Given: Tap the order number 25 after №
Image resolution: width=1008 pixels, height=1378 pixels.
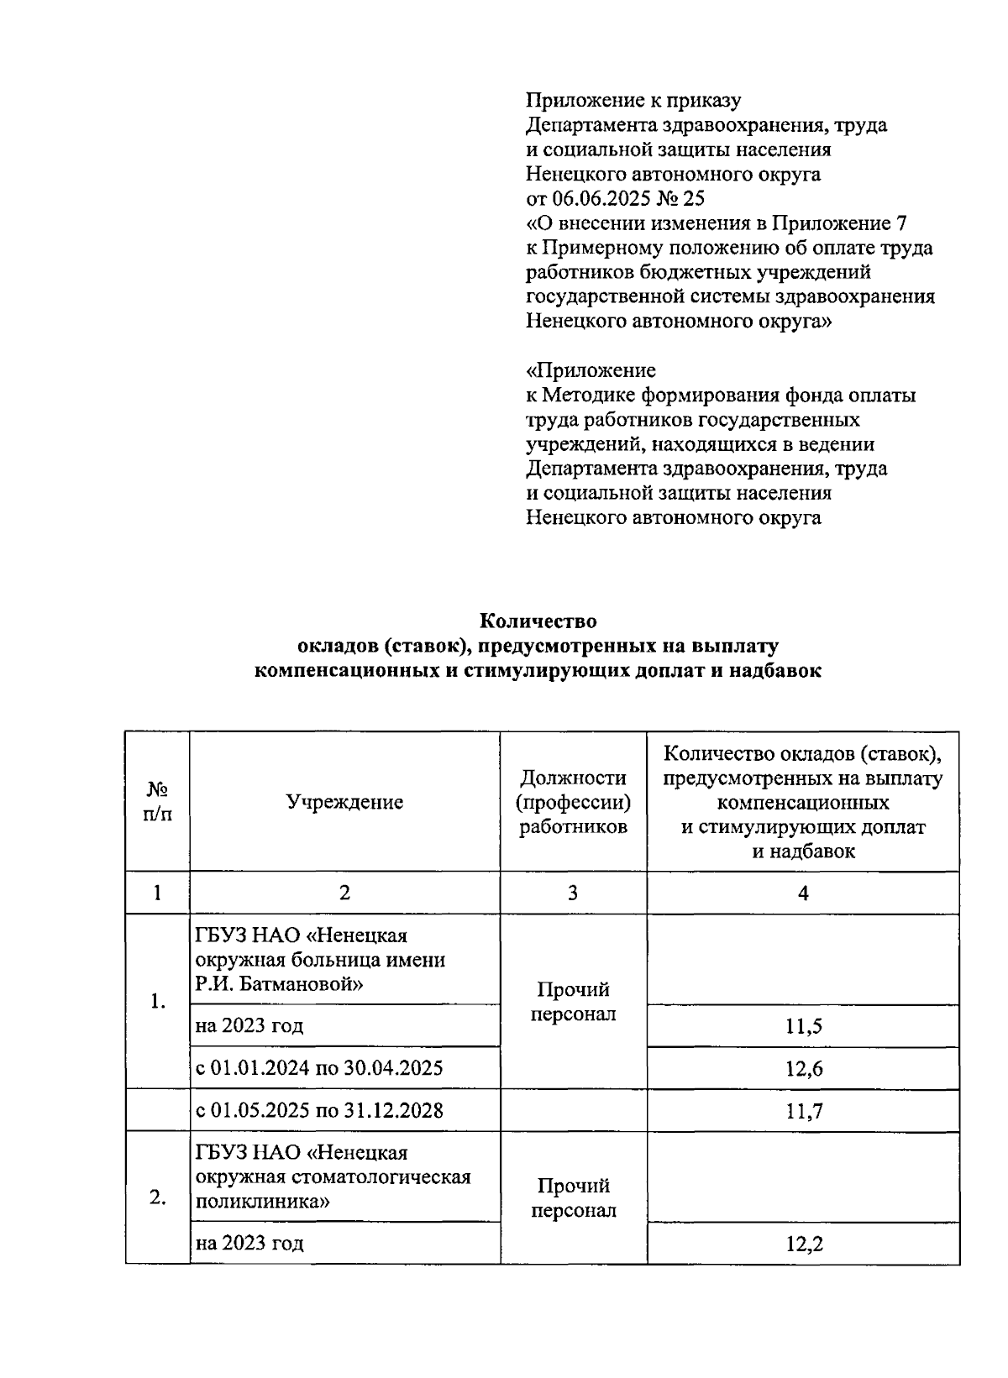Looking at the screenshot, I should coord(695,199).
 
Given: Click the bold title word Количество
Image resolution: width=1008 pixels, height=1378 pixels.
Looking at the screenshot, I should coord(538,621).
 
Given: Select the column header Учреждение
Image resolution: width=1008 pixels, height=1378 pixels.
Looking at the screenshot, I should coord(344,802).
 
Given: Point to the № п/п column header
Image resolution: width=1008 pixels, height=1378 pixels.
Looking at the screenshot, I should coord(157,802).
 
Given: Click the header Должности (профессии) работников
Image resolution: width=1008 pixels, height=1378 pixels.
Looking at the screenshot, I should coord(573,802).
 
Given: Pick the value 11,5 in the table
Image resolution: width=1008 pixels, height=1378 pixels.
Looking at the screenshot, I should coord(803,1026).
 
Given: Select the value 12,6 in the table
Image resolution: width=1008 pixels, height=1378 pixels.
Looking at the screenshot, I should coord(803,1069).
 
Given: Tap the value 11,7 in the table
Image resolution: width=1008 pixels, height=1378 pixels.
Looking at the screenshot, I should coord(803,1112).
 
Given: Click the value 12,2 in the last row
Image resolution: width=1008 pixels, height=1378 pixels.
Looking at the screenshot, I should coord(803,1244).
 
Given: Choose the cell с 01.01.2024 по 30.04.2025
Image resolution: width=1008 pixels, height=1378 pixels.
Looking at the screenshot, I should coord(319,1068).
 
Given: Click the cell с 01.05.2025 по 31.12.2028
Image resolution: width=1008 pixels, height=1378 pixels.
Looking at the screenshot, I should coord(319,1111).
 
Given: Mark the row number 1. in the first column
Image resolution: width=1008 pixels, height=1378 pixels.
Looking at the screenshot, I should coord(157,1001).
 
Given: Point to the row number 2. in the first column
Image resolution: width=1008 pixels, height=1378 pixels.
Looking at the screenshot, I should coord(157,1197).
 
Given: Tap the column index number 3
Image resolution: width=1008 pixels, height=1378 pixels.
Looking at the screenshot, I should coord(573,893).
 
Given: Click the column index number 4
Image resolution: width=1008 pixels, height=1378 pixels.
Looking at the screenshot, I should coord(803,893).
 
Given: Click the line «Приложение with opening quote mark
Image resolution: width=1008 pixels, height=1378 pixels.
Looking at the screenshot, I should coord(591,370).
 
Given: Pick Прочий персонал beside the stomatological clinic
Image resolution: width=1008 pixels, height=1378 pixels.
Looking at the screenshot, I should coord(573,1197).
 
